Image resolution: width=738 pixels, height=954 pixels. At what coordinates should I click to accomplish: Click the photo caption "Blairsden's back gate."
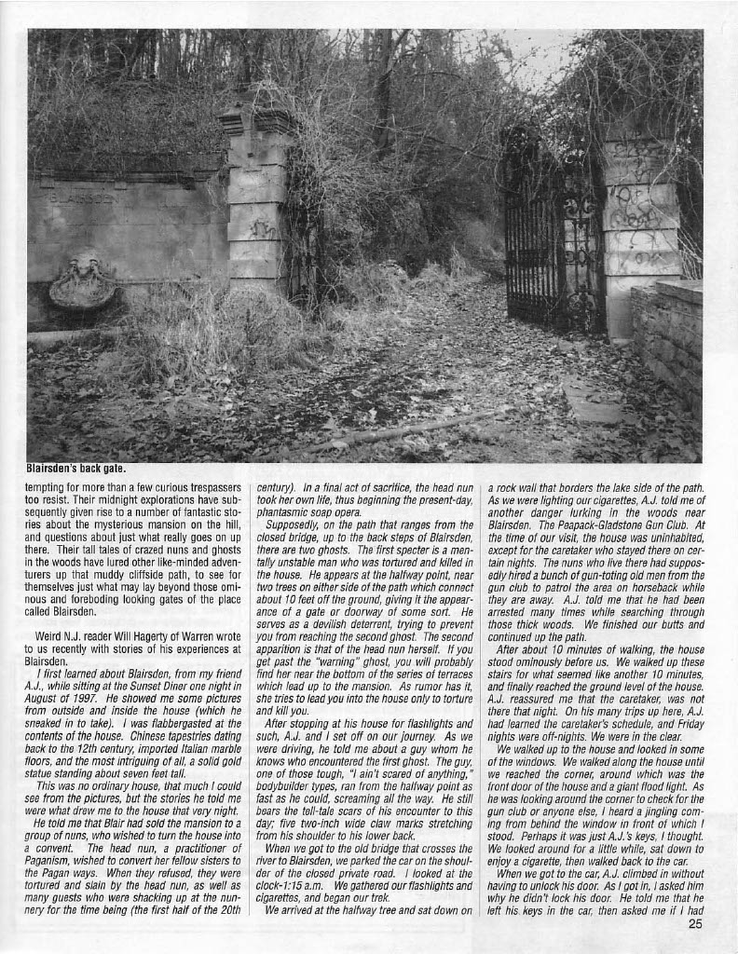[x=75, y=469]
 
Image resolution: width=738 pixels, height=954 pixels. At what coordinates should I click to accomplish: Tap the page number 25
[x=695, y=924]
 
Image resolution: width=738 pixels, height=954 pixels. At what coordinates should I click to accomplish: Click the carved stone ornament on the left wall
[x=83, y=280]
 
